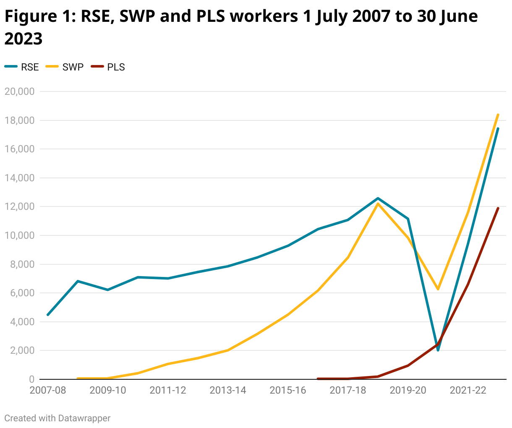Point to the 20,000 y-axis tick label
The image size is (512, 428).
point(19,91)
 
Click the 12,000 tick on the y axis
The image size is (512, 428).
point(19,206)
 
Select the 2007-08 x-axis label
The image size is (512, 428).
point(48,390)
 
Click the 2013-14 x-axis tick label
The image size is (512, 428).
point(228,390)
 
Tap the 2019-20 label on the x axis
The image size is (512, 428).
point(408,390)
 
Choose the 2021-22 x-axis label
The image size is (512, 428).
point(468,390)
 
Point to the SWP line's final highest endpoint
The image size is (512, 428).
point(498,115)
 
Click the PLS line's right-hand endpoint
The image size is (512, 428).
point(498,208)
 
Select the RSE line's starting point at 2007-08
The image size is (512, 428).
point(48,315)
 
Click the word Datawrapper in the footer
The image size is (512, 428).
point(84,418)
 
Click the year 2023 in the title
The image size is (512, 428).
point(24,39)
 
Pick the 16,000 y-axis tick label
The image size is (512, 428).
point(19,149)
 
